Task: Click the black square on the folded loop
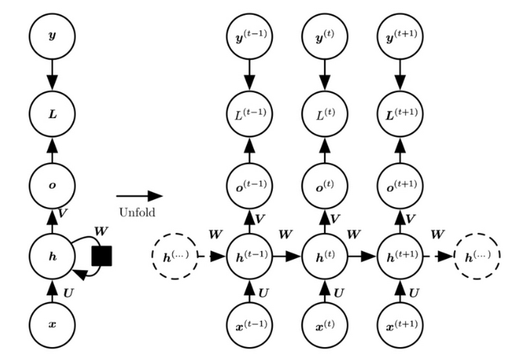(102, 255)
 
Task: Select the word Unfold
(137, 212)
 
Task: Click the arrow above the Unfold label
(139, 196)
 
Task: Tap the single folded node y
(52, 36)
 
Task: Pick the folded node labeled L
(52, 114)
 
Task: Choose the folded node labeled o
(52, 185)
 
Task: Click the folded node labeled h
(52, 256)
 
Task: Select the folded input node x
(52, 324)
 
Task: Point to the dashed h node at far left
(175, 256)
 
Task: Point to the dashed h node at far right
(477, 256)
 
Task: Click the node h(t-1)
(250, 256)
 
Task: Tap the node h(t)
(325, 256)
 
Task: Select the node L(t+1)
(400, 114)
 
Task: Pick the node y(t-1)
(250, 36)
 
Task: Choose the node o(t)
(325, 185)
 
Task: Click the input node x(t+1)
(400, 324)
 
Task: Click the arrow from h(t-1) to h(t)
(287, 256)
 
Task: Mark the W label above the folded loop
(101, 231)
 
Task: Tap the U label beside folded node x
(68, 293)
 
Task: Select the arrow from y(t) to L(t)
(325, 75)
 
